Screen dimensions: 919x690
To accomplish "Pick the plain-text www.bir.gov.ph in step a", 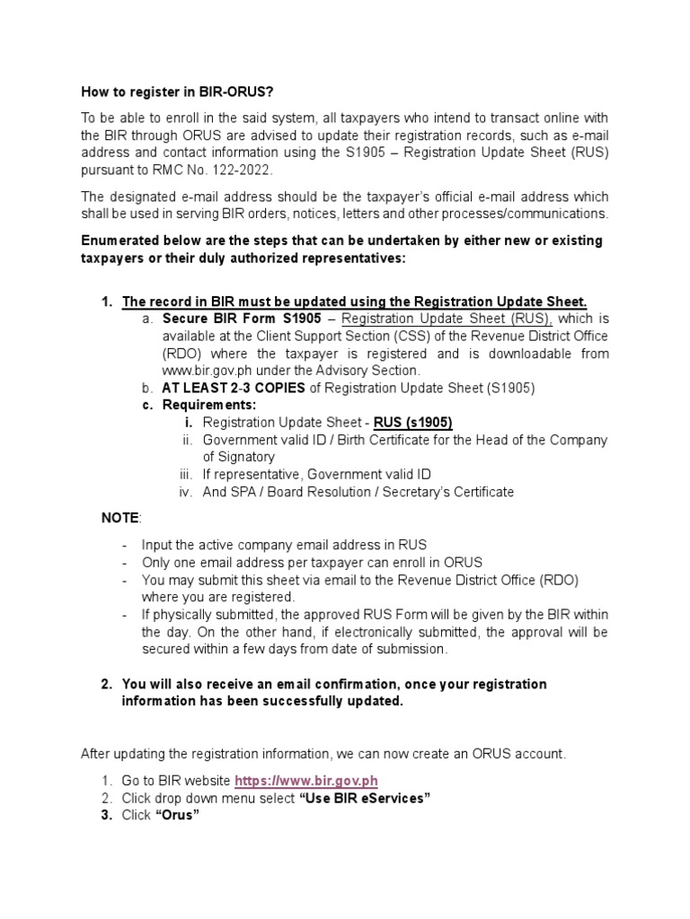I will [x=205, y=370].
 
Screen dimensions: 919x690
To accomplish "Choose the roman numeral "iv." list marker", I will [x=186, y=492].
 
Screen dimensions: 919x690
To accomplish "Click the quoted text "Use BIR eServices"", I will [x=368, y=799].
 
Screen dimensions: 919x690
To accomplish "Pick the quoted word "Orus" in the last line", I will [x=177, y=816].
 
